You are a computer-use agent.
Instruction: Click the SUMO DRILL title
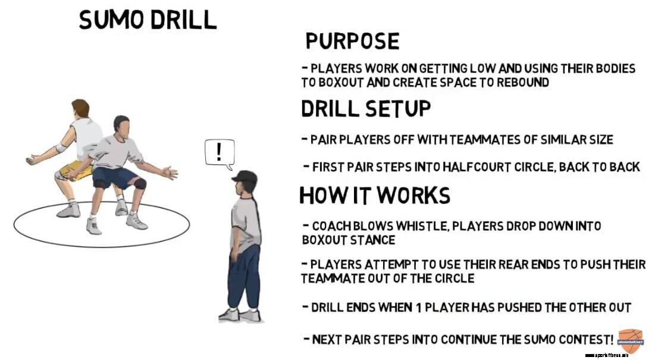pyautogui.click(x=148, y=20)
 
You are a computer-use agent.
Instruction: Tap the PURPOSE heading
pyautogui.click(x=352, y=41)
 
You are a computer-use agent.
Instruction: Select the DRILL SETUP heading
pyautogui.click(x=366, y=109)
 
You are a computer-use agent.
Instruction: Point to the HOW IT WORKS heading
pyautogui.click(x=374, y=195)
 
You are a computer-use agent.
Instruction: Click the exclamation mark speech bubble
pyautogui.click(x=219, y=152)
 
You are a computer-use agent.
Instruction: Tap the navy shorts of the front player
pyautogui.click(x=116, y=177)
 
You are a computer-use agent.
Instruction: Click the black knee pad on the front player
pyautogui.click(x=140, y=183)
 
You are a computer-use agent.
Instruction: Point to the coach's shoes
pyautogui.click(x=240, y=315)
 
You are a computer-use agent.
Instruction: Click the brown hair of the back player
pyautogui.click(x=80, y=108)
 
